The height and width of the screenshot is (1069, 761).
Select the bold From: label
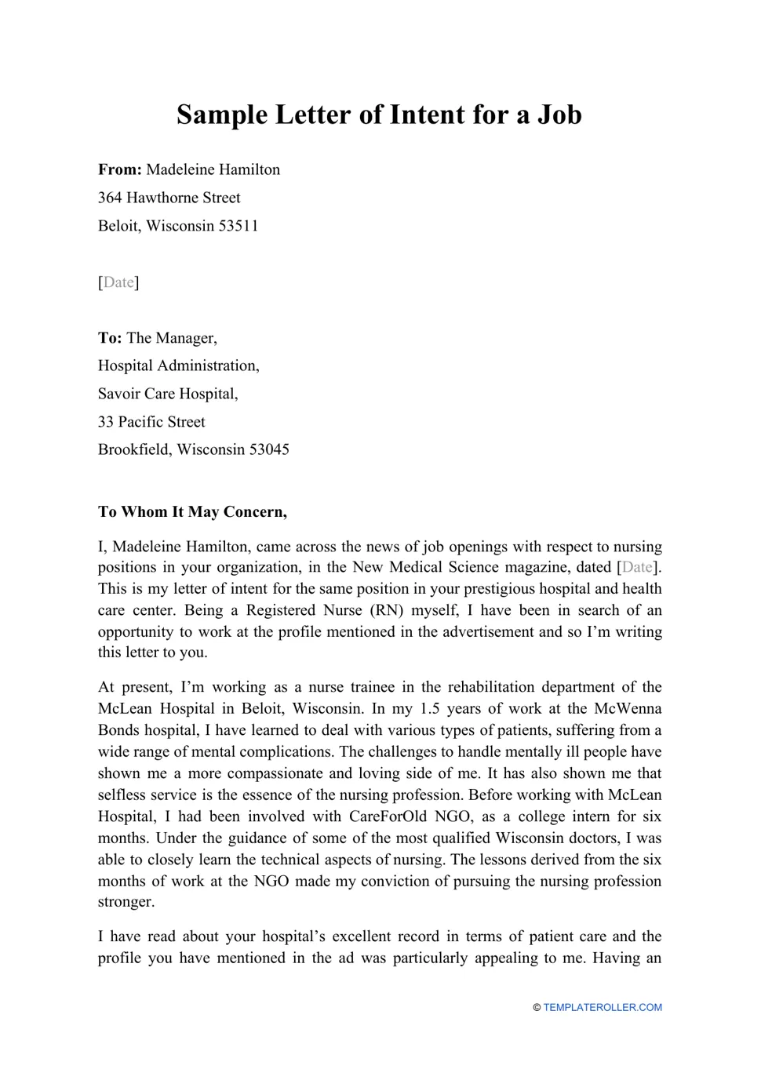[x=119, y=169]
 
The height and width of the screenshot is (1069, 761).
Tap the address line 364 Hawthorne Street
[x=169, y=198]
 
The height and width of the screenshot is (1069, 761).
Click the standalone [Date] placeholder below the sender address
[x=118, y=282]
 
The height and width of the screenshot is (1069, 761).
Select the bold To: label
[x=110, y=338]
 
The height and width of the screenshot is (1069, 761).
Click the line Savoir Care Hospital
[x=168, y=394]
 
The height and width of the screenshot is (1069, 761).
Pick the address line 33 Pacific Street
[x=151, y=422]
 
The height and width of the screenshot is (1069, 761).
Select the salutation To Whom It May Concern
[x=192, y=512]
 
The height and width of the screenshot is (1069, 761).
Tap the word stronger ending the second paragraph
[x=126, y=902]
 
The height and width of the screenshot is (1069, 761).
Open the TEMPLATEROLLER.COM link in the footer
[x=602, y=1008]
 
